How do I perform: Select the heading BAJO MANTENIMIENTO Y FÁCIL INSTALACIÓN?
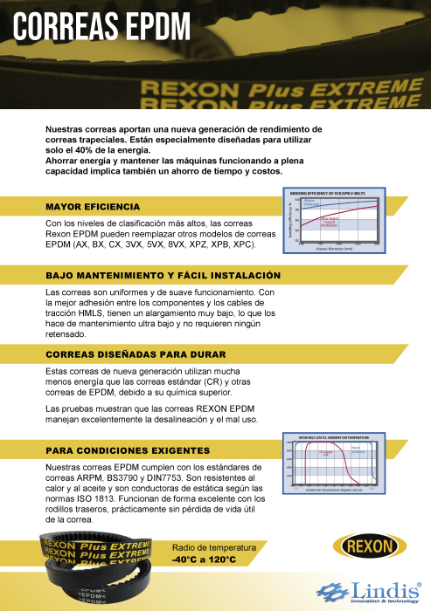[163, 275]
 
